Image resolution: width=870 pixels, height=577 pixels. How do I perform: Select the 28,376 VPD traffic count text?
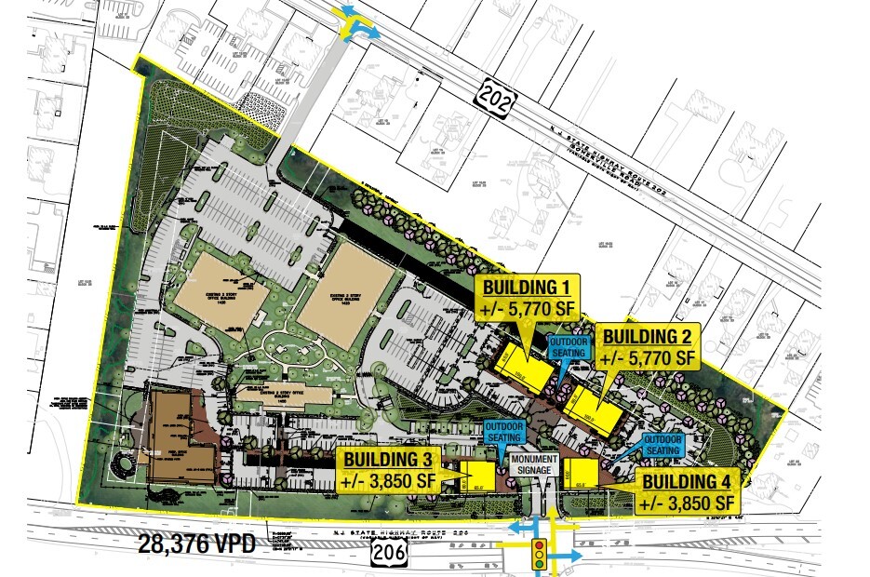tap(197, 543)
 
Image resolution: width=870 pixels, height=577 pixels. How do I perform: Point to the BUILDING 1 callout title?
tap(528, 286)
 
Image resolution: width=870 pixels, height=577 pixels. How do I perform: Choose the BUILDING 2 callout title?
tap(649, 336)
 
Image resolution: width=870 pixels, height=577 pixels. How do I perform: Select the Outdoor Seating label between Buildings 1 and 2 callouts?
tap(569, 346)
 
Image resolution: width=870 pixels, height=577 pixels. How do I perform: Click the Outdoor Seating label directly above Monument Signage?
tap(503, 430)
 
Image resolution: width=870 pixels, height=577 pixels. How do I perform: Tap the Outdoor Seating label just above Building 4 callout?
tap(663, 444)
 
